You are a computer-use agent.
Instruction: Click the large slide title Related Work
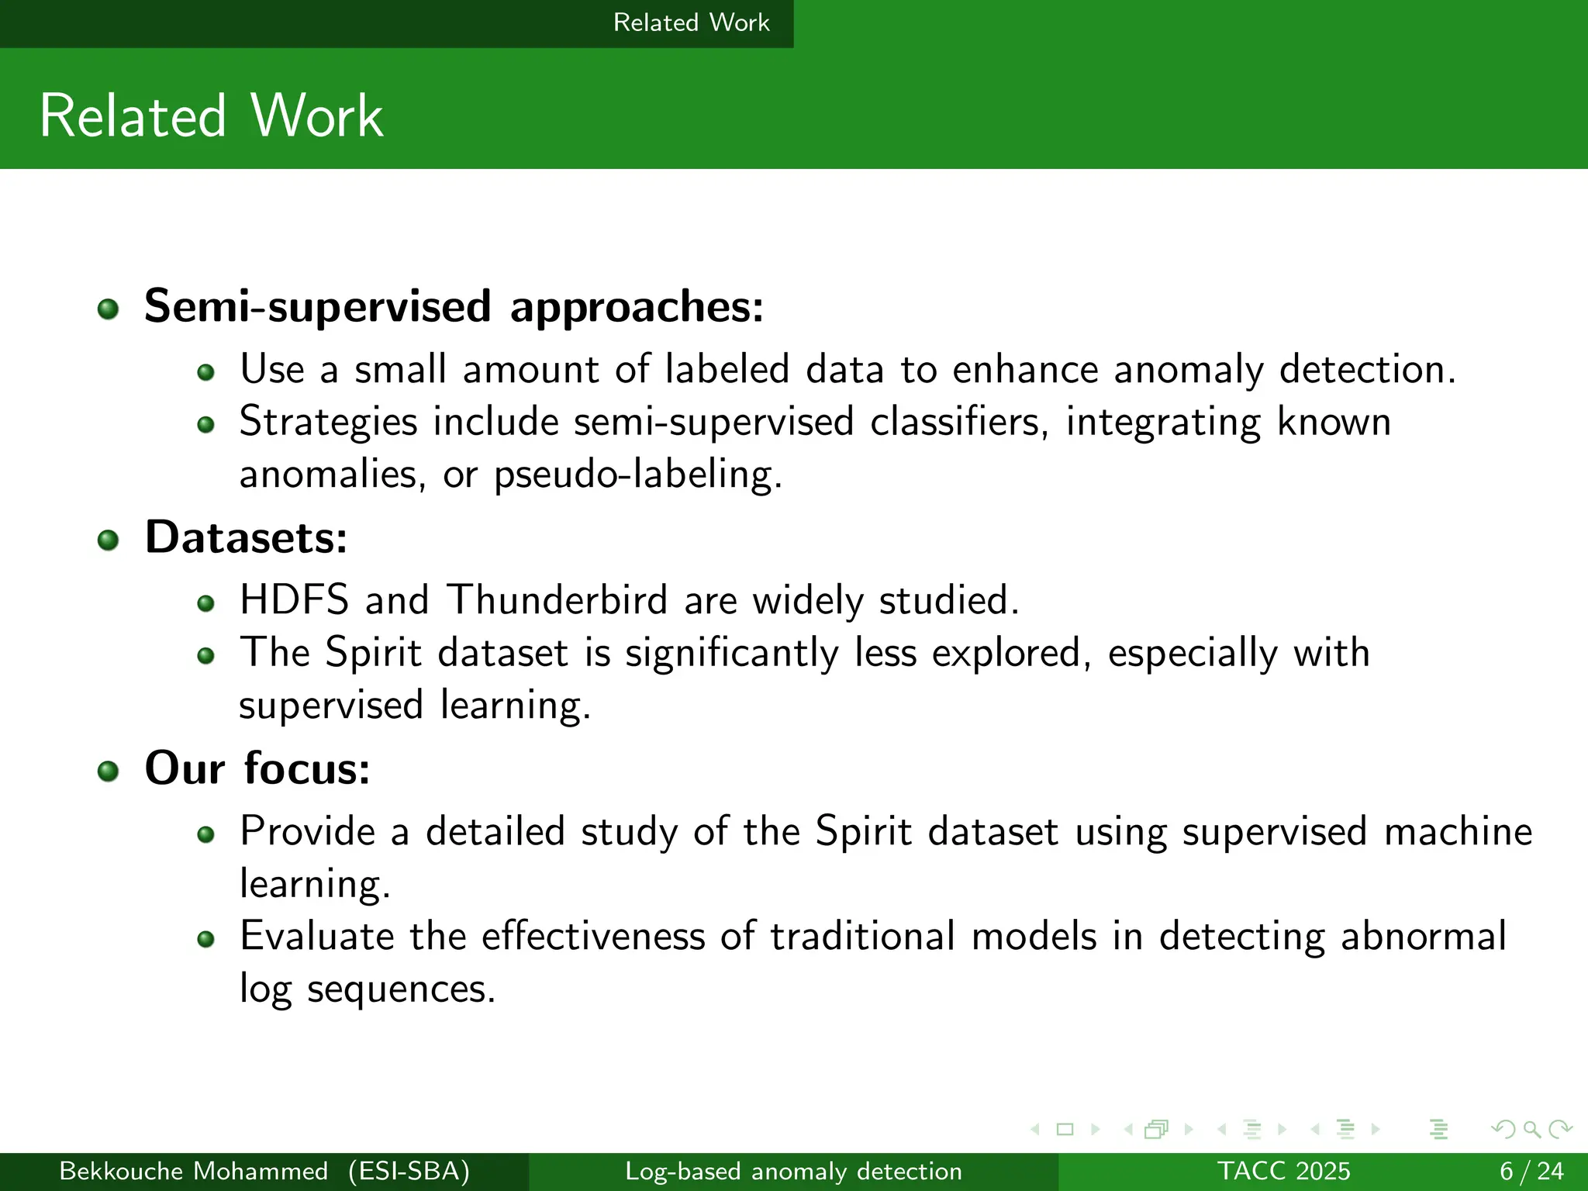point(211,116)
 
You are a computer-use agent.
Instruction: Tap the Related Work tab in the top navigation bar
point(691,22)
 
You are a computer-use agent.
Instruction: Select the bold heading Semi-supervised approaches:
point(454,306)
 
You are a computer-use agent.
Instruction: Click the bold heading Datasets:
point(246,537)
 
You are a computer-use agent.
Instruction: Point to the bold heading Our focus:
point(257,768)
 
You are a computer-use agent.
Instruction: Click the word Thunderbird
point(557,600)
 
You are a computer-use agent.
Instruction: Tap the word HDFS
point(294,600)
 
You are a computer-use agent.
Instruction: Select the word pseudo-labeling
point(637,474)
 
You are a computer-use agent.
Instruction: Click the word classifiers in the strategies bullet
point(958,422)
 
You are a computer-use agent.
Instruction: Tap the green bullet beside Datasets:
point(109,540)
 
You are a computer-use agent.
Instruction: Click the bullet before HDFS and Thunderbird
point(205,603)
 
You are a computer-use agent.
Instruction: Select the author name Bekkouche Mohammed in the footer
point(193,1171)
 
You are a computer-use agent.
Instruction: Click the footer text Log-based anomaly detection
point(793,1171)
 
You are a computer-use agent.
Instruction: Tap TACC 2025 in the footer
point(1283,1171)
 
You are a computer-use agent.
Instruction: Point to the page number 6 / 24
point(1531,1171)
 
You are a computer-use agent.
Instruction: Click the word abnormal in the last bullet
point(1423,936)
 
